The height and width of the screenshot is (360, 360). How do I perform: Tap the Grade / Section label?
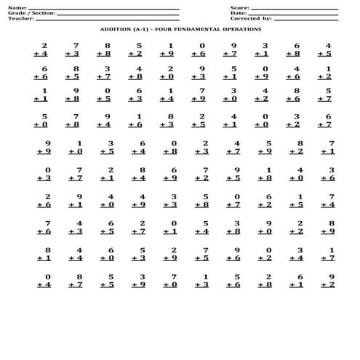click(30, 13)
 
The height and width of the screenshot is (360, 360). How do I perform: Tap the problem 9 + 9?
click(44, 148)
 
